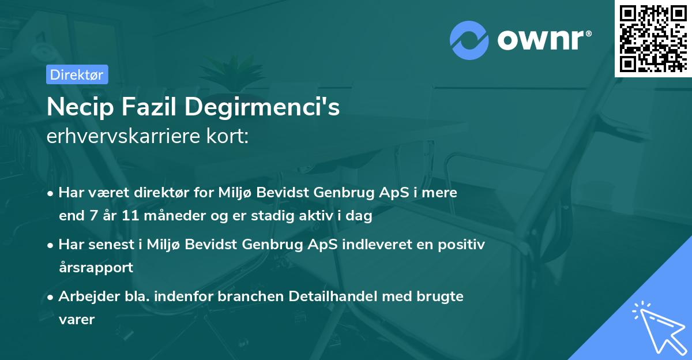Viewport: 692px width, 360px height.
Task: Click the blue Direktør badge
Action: coord(77,74)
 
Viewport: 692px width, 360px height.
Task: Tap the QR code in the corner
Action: coord(653,38)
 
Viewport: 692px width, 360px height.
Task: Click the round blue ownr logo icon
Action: coord(469,40)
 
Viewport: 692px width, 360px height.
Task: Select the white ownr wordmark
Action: coord(544,40)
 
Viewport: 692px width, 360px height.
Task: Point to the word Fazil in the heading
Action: coord(149,107)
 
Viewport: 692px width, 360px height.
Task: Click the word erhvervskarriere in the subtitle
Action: coord(123,136)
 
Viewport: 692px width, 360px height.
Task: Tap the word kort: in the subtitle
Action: coord(227,136)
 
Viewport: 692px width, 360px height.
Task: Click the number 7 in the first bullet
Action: coord(94,215)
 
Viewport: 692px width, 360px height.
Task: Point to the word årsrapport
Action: coord(96,268)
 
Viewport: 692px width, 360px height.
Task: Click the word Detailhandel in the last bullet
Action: coord(333,297)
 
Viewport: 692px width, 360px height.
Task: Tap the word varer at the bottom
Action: coord(77,320)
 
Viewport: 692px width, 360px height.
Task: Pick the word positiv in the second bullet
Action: coord(461,245)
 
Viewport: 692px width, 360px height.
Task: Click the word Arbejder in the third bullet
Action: coord(89,297)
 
